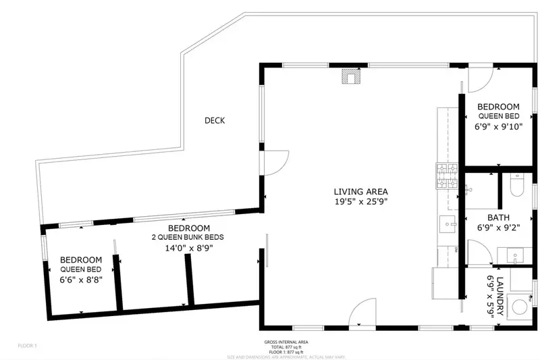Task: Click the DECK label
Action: pyautogui.click(x=215, y=121)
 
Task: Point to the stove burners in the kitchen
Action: pyautogui.click(x=447, y=177)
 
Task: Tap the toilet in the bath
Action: pyautogui.click(x=516, y=184)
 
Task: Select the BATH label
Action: pyautogui.click(x=498, y=218)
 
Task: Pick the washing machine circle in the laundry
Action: pyautogui.click(x=520, y=307)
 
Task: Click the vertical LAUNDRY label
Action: pyautogui.click(x=500, y=296)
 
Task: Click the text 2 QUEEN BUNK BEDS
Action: pyautogui.click(x=188, y=238)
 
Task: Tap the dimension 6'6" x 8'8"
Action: pyautogui.click(x=81, y=280)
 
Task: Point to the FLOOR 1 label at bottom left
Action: pyautogui.click(x=28, y=346)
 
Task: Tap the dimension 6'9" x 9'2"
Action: pyautogui.click(x=498, y=228)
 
